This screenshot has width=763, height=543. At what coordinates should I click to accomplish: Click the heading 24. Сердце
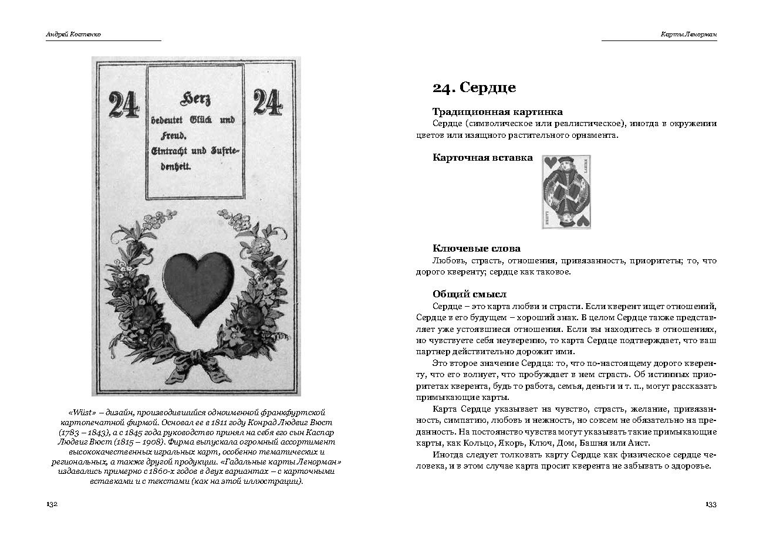[474, 87]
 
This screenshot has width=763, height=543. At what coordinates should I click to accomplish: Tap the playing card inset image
[565, 192]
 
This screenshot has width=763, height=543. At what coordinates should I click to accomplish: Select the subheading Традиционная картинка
[497, 111]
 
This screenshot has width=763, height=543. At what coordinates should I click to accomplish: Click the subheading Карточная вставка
[482, 157]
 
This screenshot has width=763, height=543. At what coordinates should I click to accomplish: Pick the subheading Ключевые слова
[476, 248]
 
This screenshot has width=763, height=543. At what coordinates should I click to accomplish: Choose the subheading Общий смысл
[469, 294]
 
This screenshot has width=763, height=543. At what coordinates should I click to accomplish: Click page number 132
[51, 504]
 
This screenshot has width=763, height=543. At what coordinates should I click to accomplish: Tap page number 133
[710, 504]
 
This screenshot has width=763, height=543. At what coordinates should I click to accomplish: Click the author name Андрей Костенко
[73, 35]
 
